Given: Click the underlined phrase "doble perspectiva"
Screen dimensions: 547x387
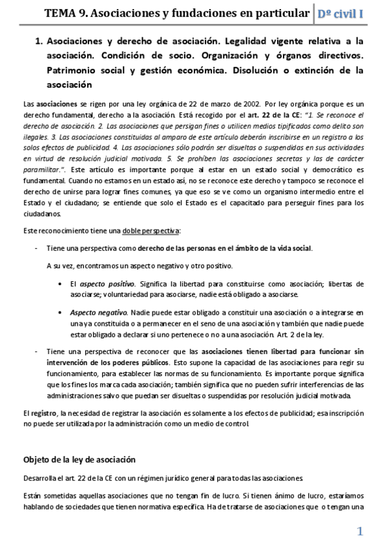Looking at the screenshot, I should (x=154, y=231).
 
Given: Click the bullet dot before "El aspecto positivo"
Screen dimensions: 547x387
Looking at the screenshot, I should (x=59, y=284).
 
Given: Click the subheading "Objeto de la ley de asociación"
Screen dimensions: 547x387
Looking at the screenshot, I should (x=79, y=460).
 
